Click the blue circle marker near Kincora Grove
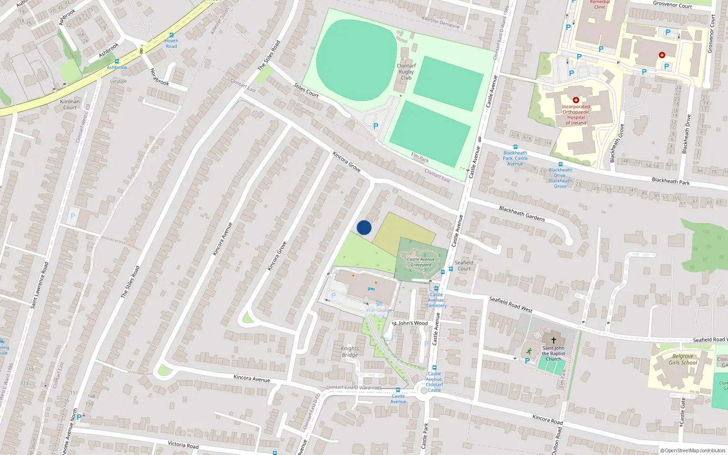[364, 227]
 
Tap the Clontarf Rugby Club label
[406, 72]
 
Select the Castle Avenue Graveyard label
[421, 262]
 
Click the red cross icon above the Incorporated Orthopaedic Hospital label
[576, 100]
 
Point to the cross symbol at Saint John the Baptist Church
[554, 340]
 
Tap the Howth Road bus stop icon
[172, 35]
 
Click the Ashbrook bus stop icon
[117, 61]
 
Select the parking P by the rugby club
[376, 126]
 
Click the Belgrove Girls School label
[682, 359]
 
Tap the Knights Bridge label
[349, 352]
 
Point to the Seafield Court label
[464, 265]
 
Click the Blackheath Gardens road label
[522, 213]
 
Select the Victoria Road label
[183, 445]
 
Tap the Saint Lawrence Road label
[39, 285]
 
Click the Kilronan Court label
[70, 105]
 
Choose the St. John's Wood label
[410, 323]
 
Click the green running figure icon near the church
[529, 351]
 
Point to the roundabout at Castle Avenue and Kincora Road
[424, 390]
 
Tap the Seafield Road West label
[511, 304]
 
